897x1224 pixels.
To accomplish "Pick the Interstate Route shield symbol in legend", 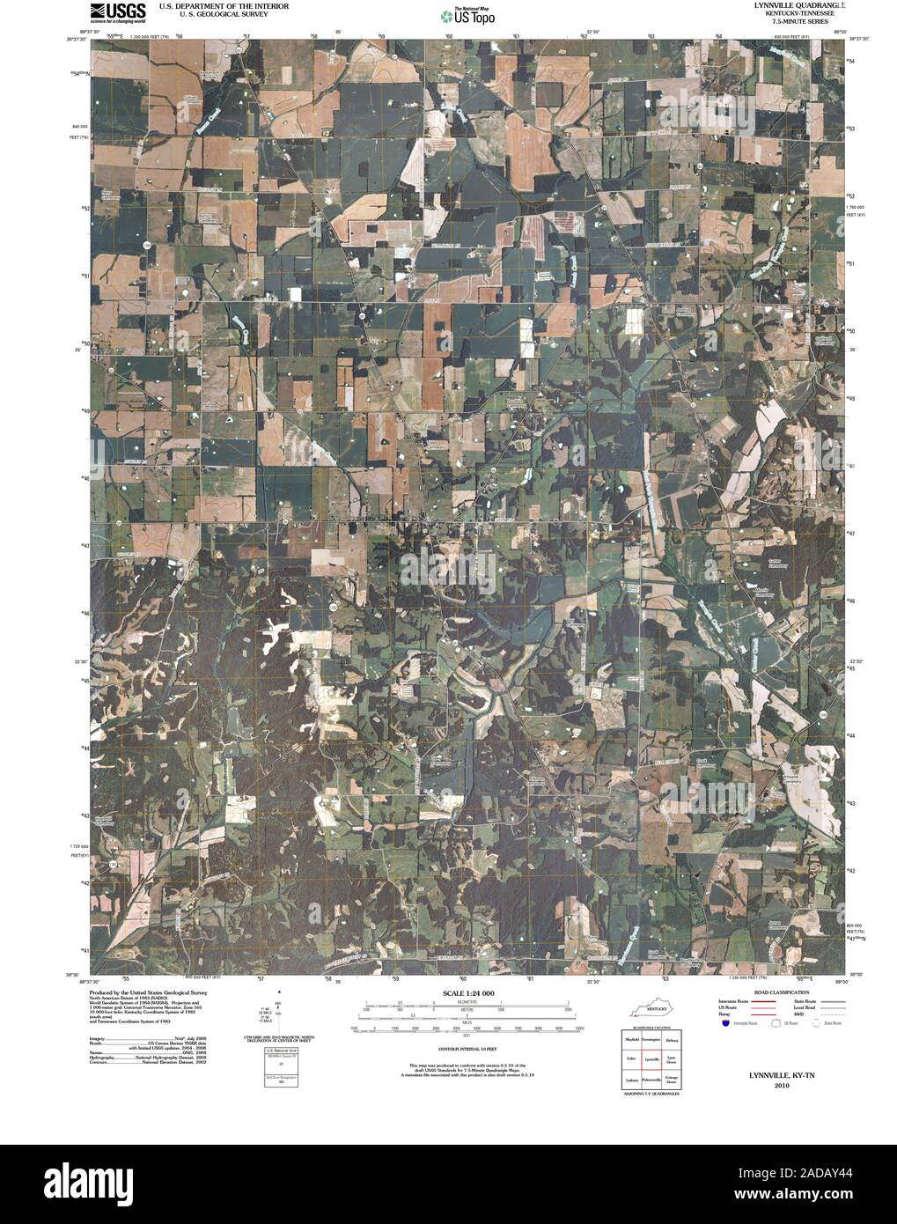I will click(724, 1024).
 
